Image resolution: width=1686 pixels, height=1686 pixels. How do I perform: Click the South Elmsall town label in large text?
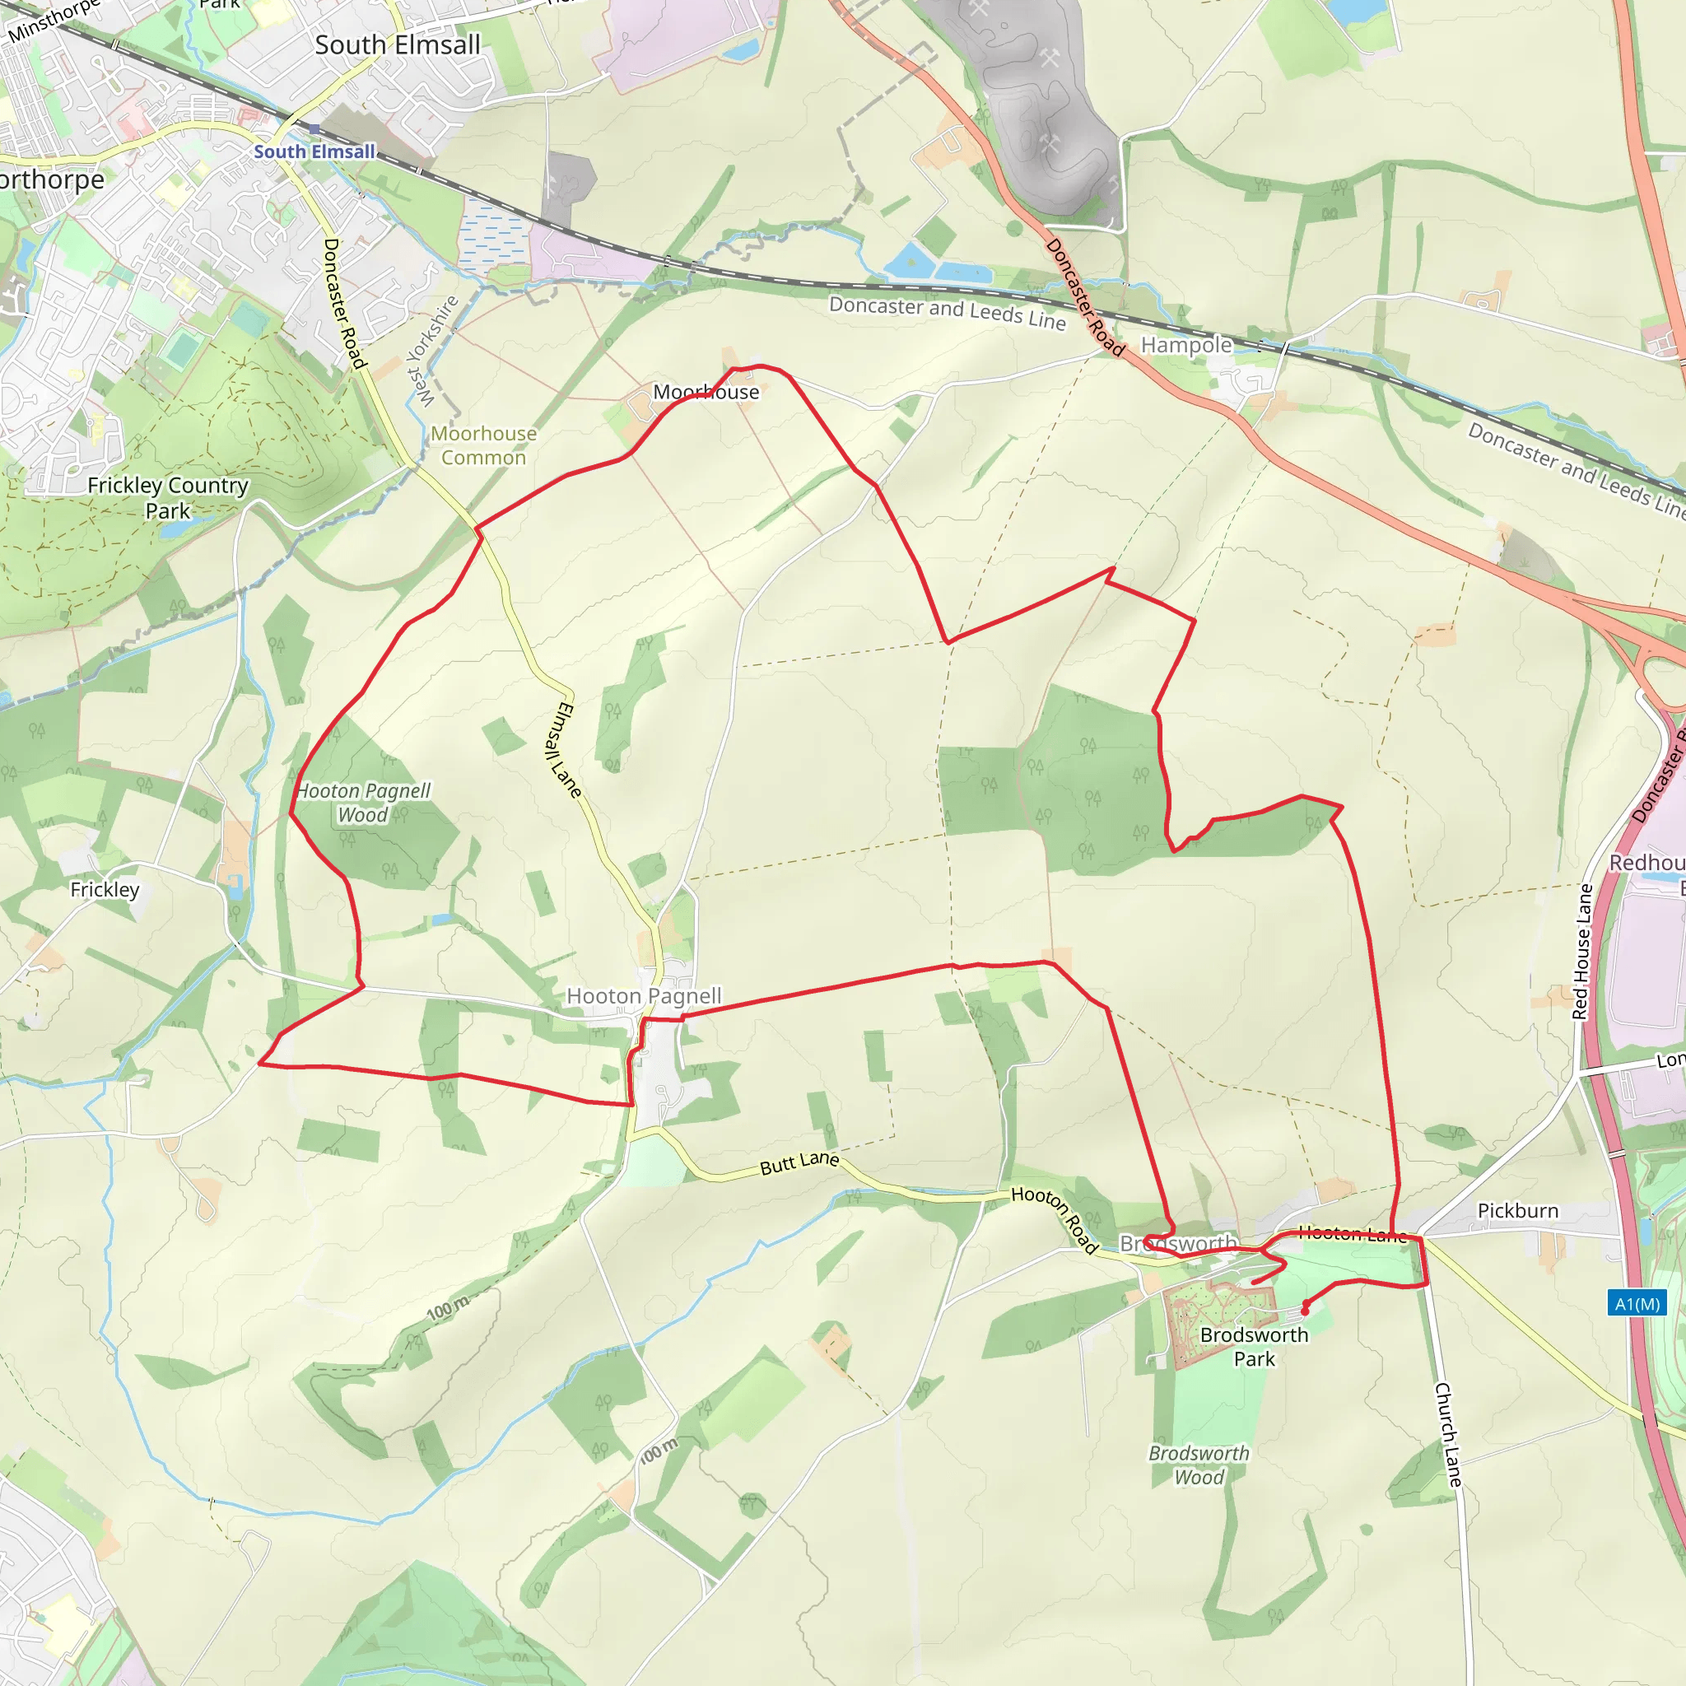pyautogui.click(x=397, y=45)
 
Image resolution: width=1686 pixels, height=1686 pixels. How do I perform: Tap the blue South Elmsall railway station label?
pyautogui.click(x=314, y=151)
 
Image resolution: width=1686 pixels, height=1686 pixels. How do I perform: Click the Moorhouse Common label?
pyautogui.click(x=483, y=445)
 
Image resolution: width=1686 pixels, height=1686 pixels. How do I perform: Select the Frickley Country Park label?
pyautogui.click(x=168, y=497)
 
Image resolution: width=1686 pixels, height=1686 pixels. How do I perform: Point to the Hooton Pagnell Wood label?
pyautogui.click(x=363, y=803)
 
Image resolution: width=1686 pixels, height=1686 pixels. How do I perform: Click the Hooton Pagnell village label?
pyautogui.click(x=644, y=996)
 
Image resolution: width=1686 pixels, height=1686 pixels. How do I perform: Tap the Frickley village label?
pyautogui.click(x=105, y=889)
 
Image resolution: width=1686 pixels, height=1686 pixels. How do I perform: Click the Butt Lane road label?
pyautogui.click(x=799, y=1162)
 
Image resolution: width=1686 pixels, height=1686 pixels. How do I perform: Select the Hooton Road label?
pyautogui.click(x=1055, y=1219)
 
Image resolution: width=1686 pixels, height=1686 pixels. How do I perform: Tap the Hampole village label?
pyautogui.click(x=1186, y=345)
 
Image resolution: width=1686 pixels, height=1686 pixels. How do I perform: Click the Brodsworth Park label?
pyautogui.click(x=1254, y=1347)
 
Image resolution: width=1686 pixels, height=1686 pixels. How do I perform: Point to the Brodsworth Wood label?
pyautogui.click(x=1199, y=1465)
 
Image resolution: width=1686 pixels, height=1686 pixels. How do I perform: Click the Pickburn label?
pyautogui.click(x=1517, y=1210)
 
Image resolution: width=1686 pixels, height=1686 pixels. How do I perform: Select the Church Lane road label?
pyautogui.click(x=1449, y=1435)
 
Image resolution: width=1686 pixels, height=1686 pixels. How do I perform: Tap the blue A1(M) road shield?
pyautogui.click(x=1637, y=1304)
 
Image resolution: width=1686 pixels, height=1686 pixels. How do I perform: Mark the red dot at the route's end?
pyautogui.click(x=1306, y=1311)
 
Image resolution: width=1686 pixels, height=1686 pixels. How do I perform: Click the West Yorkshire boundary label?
pyautogui.click(x=434, y=351)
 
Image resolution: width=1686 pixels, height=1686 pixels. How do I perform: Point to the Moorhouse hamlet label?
pyautogui.click(x=706, y=393)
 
